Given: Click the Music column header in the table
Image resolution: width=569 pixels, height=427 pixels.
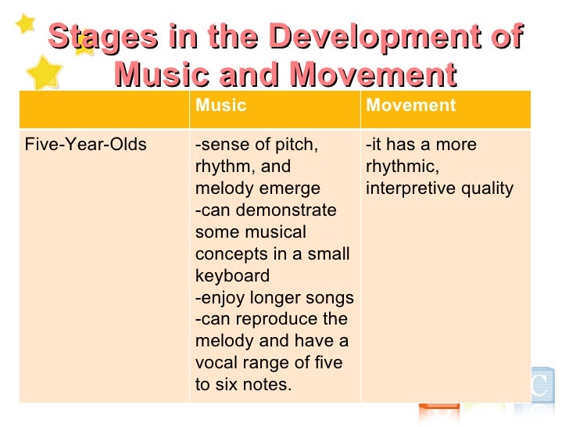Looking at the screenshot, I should pos(220,106).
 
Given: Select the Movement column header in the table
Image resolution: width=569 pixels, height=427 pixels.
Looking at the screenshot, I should pos(410,106).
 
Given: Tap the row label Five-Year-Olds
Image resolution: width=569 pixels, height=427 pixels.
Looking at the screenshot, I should pos(86,145).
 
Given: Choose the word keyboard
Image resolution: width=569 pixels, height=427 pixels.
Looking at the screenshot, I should pos(232,276).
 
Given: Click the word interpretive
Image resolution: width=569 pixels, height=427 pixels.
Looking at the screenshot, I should pos(406,188).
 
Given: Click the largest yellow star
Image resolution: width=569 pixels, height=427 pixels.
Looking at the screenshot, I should pos(45,71).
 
